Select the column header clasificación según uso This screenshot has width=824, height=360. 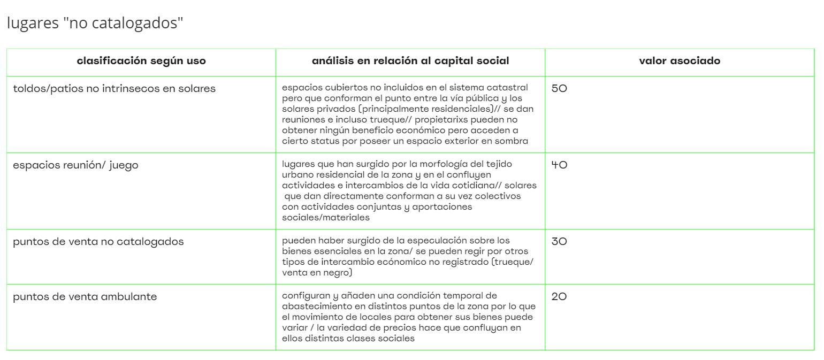coord(141,61)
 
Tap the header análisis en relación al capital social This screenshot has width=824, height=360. coord(410,61)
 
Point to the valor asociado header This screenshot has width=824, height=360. coord(680,61)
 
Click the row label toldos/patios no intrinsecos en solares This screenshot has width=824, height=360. coord(114,89)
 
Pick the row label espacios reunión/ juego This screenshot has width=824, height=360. coord(75,165)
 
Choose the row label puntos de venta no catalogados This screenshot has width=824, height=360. coord(98,241)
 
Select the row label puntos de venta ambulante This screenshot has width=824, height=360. coord(85,296)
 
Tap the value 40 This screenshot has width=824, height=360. coord(559,165)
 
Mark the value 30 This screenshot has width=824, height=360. coord(559,241)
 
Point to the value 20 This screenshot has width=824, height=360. coord(559,296)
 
